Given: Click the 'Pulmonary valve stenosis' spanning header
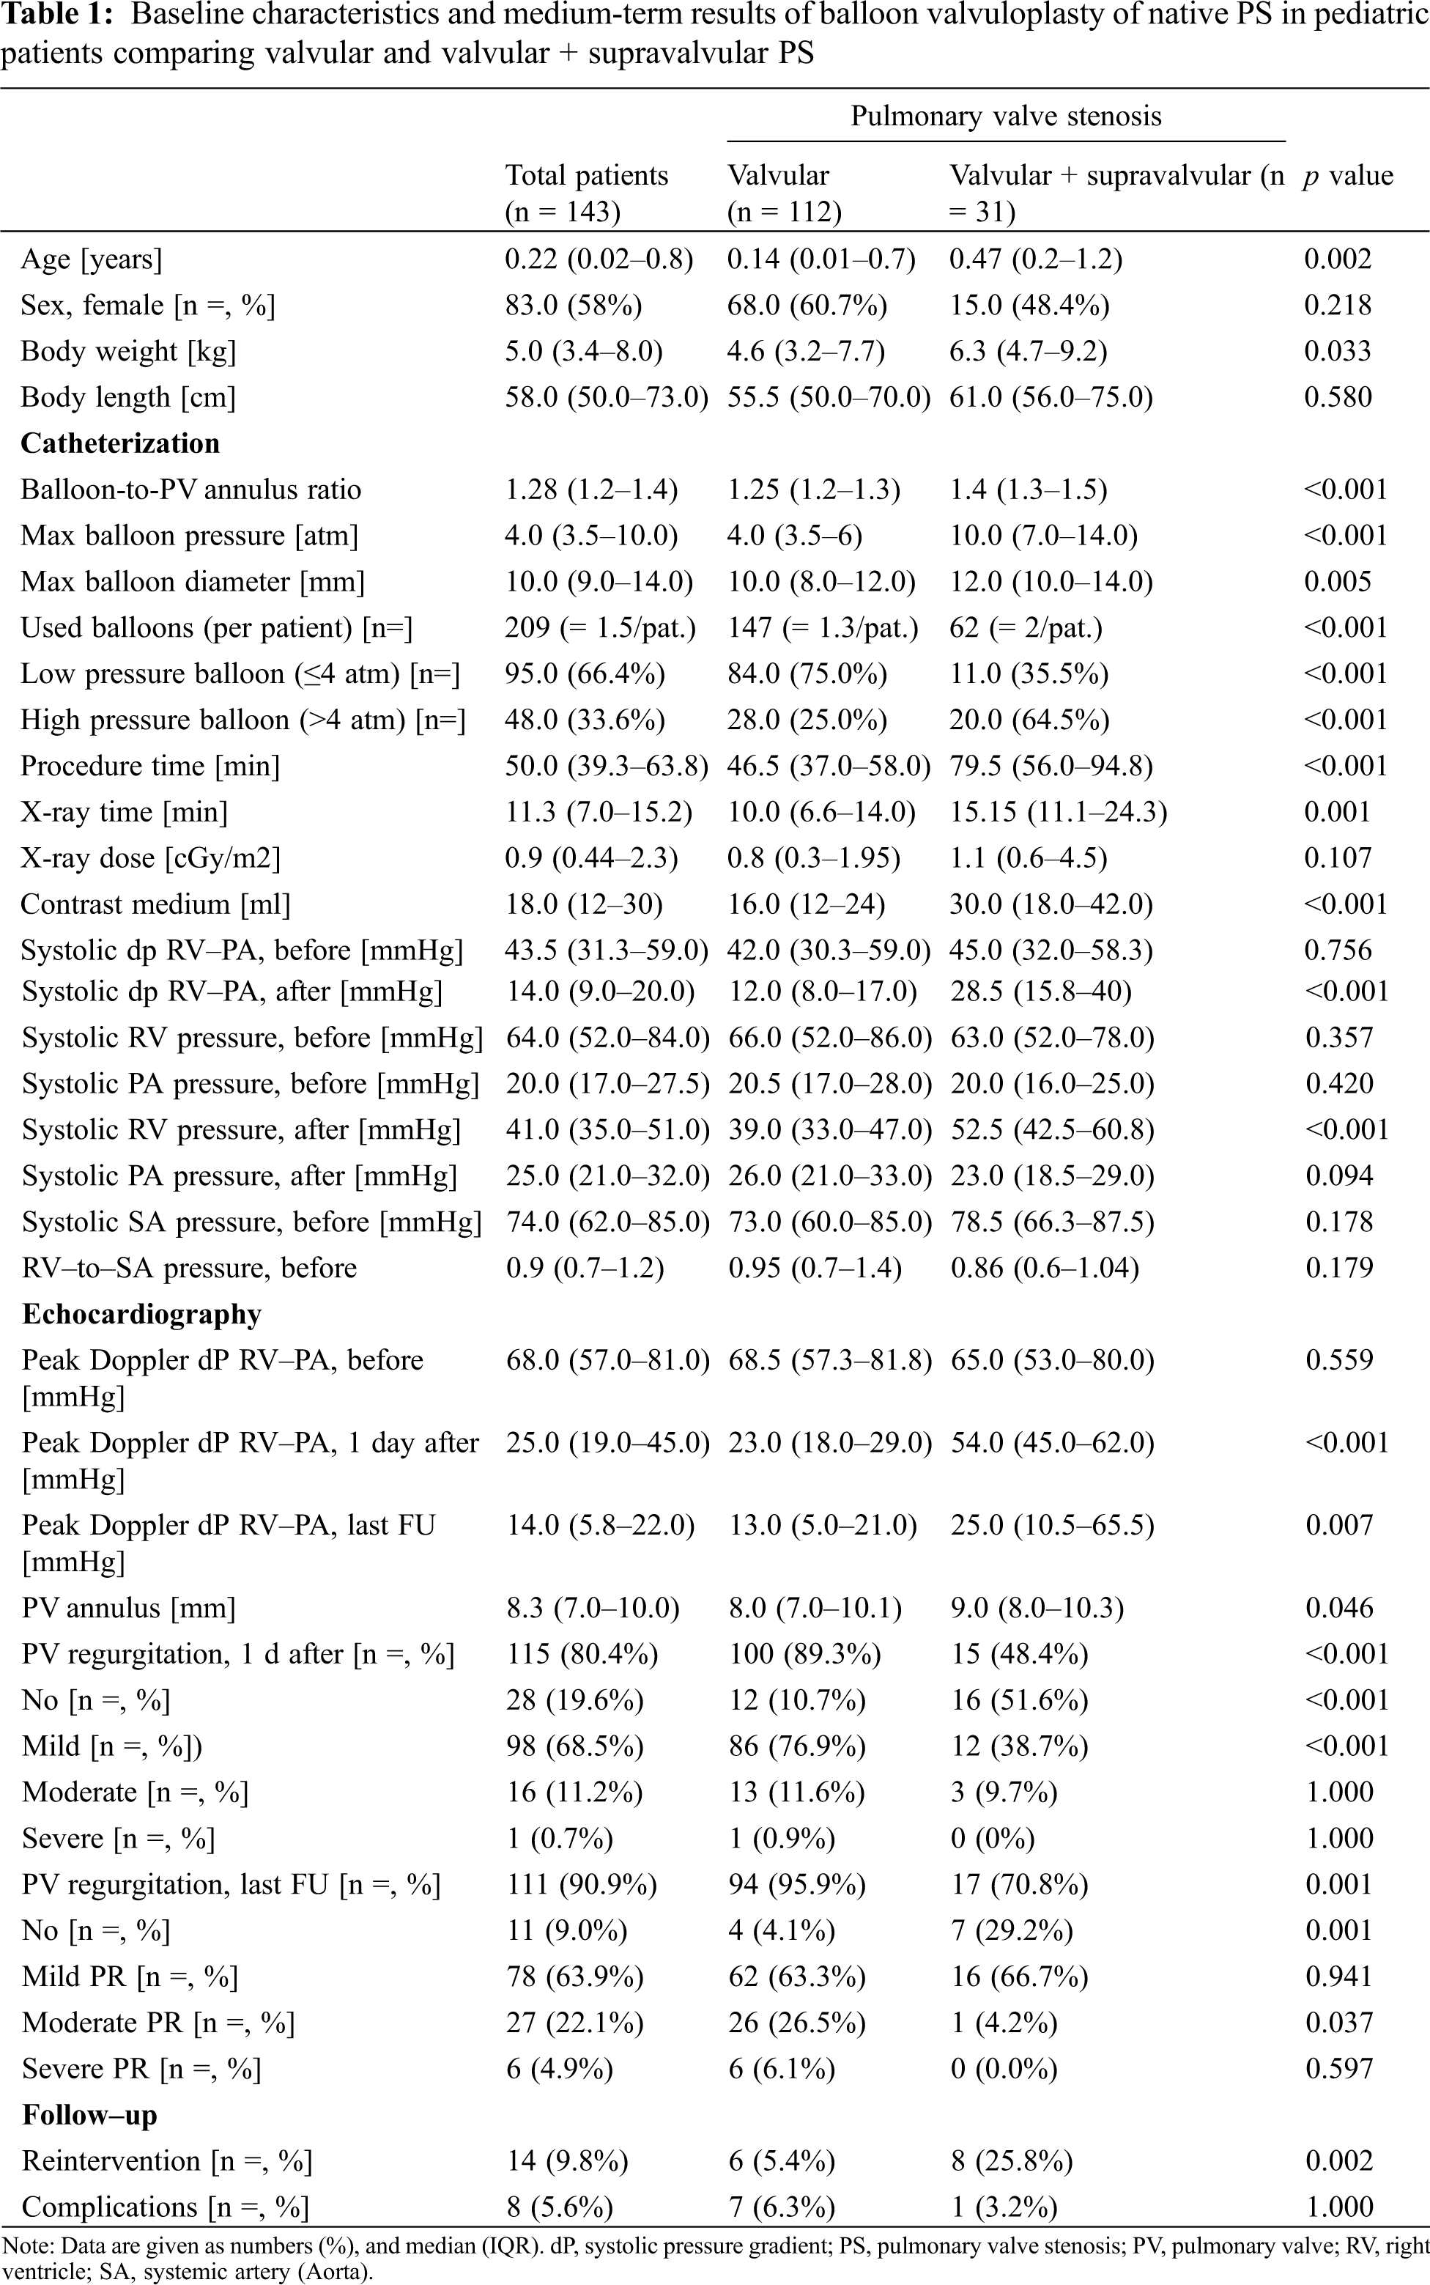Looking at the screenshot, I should click(1005, 117).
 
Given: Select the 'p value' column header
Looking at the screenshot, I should click(1348, 176).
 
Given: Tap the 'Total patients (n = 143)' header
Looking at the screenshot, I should click(586, 193).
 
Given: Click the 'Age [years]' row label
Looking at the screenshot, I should click(92, 259).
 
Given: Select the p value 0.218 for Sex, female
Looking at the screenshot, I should click(1337, 305).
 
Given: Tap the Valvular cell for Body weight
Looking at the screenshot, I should click(806, 351).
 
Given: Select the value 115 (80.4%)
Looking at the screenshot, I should click(582, 1654).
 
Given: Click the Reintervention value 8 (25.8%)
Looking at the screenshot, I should click(1012, 2160).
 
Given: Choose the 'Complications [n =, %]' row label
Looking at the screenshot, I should click(166, 2207).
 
